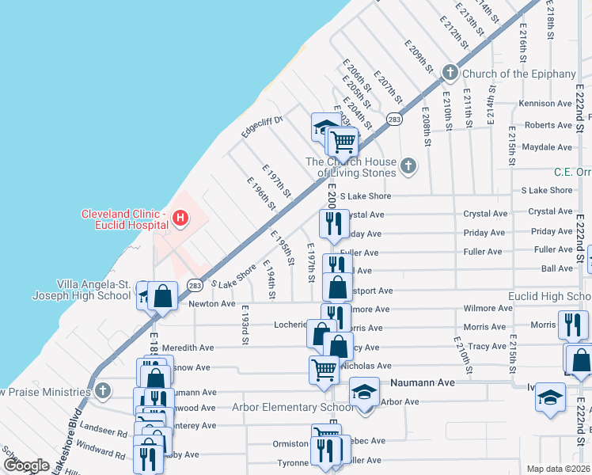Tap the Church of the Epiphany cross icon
[x=450, y=74]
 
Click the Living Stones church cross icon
[x=408, y=165]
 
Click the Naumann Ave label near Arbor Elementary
[x=423, y=382]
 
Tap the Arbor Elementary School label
[x=292, y=408]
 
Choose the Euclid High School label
[x=554, y=296]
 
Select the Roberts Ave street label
[x=548, y=125]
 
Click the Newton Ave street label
[x=212, y=304]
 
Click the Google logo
[x=26, y=465]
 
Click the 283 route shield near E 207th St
[x=393, y=120]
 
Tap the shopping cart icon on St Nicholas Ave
[x=324, y=368]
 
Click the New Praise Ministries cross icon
[x=102, y=391]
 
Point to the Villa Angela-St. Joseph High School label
[x=93, y=290]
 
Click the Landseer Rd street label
[x=104, y=434]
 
